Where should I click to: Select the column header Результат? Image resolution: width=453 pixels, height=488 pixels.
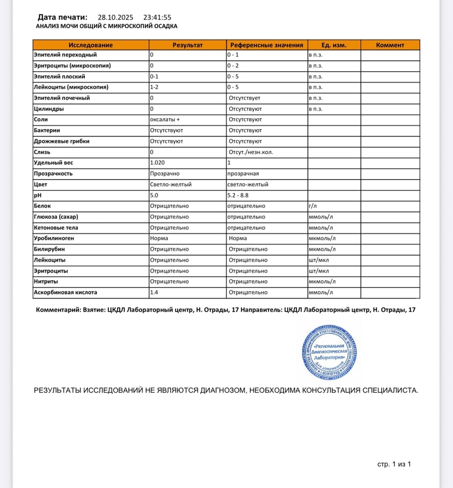(187, 45)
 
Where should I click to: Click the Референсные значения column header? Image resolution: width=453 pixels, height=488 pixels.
(267, 45)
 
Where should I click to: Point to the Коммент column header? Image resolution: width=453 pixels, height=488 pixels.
(390, 45)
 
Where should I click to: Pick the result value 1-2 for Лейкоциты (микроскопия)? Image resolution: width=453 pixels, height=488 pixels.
(154, 87)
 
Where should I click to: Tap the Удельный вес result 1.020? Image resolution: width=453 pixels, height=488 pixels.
(157, 163)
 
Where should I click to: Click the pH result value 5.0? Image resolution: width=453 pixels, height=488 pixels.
(154, 195)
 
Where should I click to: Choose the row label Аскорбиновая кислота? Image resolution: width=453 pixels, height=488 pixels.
(65, 292)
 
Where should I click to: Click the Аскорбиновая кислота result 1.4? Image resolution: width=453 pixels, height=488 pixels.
(154, 292)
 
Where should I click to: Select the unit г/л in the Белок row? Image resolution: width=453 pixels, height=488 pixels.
(312, 206)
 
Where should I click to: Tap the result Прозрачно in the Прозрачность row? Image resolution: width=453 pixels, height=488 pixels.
(165, 173)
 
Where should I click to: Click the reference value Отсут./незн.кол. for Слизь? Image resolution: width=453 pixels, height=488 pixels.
(251, 152)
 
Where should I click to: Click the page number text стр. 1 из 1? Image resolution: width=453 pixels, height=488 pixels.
(394, 464)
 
